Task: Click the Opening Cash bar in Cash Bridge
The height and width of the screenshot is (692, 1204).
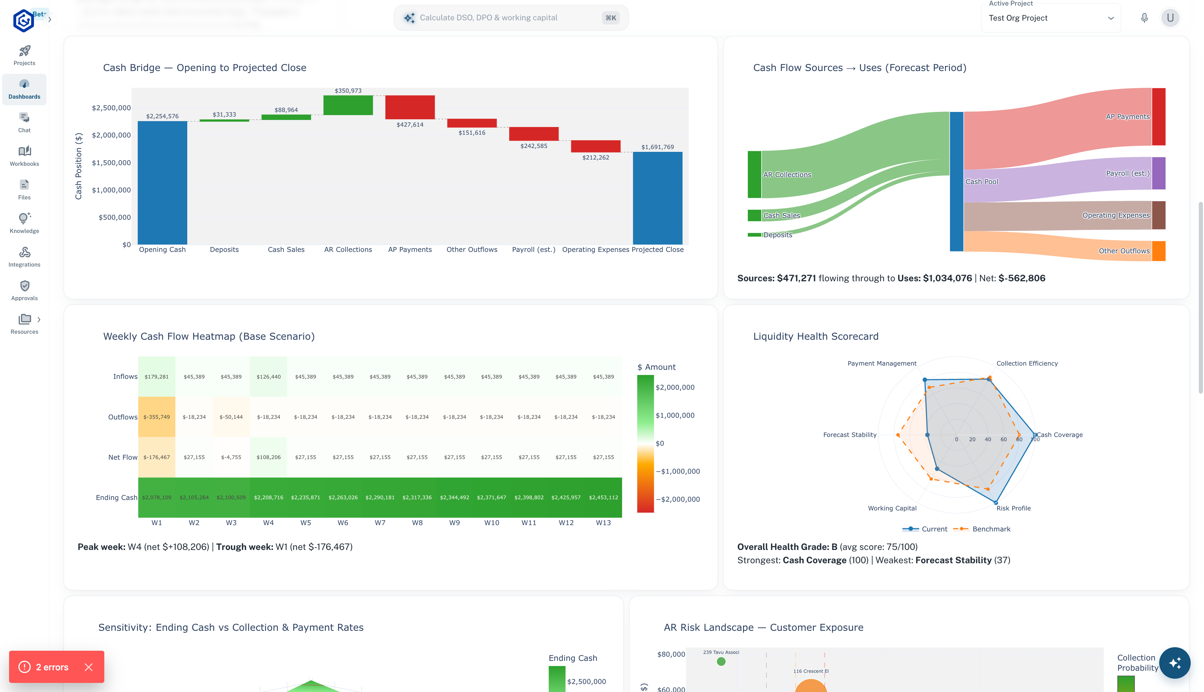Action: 162,183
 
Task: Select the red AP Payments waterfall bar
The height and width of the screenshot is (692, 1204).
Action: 410,107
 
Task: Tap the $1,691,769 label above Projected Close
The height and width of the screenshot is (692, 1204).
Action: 657,147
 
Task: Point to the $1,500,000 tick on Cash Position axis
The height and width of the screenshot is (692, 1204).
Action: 111,163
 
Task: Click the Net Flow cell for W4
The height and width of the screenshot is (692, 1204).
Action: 268,457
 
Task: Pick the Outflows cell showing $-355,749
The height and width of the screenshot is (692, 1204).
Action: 157,417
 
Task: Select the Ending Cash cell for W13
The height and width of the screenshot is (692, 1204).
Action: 603,497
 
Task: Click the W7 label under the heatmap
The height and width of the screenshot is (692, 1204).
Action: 380,523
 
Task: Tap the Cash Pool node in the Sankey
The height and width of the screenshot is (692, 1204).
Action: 956,182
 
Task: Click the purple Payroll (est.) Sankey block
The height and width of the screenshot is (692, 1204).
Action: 1158,173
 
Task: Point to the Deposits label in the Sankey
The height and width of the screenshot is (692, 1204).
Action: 778,235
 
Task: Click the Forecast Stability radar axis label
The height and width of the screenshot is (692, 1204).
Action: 849,435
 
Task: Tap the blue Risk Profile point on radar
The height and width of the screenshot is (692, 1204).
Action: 996,502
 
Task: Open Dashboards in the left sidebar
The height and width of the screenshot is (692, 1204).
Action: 24,89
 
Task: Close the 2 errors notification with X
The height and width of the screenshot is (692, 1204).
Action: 89,667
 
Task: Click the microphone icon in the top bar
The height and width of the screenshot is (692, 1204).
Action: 1144,18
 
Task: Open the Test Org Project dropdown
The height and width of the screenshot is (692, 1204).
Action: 1050,18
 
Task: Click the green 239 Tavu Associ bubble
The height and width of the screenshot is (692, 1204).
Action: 721,662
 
